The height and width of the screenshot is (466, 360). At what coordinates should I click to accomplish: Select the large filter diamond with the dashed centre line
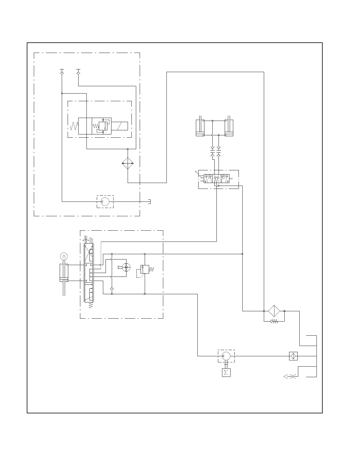274,311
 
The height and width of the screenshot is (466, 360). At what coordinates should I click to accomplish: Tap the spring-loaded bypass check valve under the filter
274,321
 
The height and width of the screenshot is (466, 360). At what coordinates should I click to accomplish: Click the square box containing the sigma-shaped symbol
226,373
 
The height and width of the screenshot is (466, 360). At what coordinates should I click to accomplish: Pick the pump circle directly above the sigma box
226,356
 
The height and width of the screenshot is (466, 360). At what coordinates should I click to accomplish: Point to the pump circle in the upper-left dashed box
105,202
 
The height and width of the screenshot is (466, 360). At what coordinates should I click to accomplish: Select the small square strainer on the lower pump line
293,356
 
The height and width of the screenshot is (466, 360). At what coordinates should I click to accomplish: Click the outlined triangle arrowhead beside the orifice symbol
285,376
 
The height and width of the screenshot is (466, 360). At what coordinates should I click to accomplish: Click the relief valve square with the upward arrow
145,269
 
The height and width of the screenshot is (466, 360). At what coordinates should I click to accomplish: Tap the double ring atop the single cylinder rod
64,257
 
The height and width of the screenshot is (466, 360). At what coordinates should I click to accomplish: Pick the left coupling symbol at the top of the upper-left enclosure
62,71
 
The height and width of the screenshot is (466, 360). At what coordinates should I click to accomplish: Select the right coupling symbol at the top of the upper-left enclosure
78,71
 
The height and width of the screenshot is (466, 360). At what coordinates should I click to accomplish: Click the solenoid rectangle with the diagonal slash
119,126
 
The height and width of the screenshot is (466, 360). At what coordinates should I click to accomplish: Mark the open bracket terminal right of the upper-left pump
149,202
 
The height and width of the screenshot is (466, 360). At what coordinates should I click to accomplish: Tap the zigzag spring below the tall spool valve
91,305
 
